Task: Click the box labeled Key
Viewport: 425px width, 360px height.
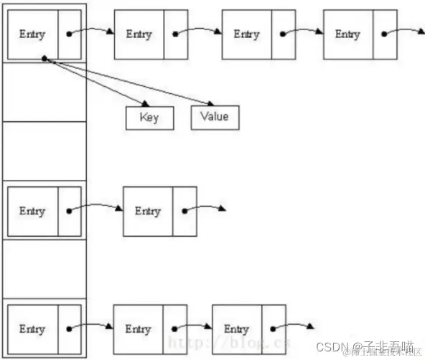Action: click(149, 118)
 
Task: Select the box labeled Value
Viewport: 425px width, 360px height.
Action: click(215, 117)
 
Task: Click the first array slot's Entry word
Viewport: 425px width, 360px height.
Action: click(32, 34)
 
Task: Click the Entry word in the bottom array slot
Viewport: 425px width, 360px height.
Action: click(32, 329)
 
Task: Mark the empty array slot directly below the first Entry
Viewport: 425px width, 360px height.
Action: click(45, 92)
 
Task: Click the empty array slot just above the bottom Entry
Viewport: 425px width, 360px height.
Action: click(45, 270)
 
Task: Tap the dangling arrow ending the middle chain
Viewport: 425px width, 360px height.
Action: click(221, 209)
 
